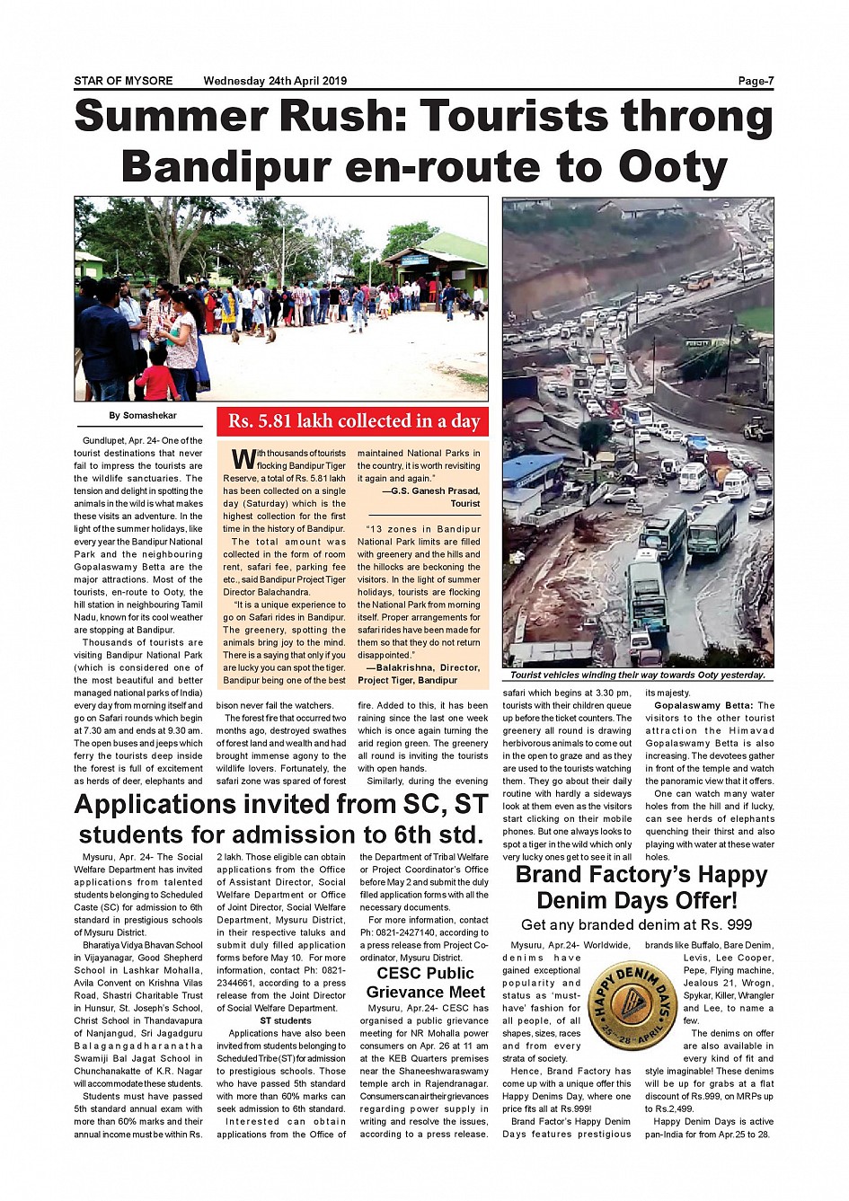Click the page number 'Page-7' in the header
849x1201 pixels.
[x=756, y=81]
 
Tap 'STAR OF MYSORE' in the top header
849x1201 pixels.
[x=123, y=81]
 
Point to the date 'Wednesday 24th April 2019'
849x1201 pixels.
[x=275, y=81]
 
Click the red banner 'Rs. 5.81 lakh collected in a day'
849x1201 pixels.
[x=353, y=421]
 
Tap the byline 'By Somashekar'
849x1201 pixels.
[x=143, y=416]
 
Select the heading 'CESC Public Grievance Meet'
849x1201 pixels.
[x=426, y=983]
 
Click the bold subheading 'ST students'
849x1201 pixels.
[x=286, y=1020]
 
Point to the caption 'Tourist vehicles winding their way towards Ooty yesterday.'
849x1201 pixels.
[x=638, y=675]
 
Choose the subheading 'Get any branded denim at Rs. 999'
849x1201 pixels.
[x=636, y=925]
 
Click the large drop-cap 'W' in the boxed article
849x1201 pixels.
[x=243, y=459]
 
